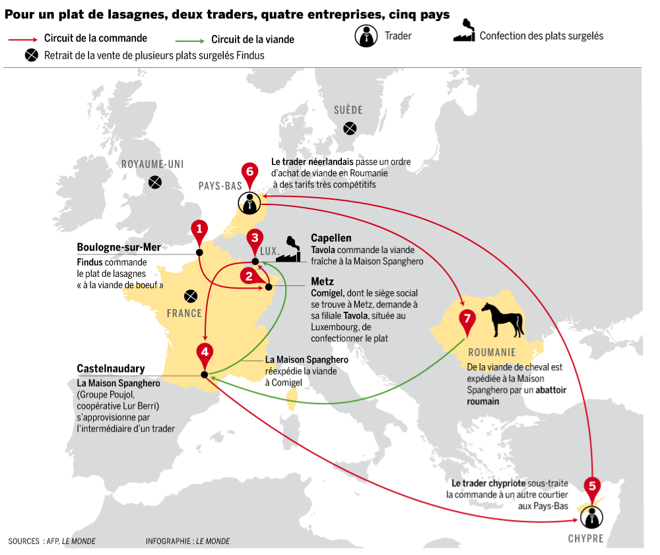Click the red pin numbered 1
click(199, 229)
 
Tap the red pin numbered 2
click(249, 276)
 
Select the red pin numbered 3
click(255, 239)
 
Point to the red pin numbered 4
click(205, 352)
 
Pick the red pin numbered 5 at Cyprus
click(592, 486)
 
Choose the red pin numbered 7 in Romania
click(467, 318)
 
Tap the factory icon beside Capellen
click(288, 250)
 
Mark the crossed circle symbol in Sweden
click(349, 129)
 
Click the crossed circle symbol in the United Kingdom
click(155, 182)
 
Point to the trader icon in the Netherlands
click(249, 204)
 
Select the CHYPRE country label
click(585, 539)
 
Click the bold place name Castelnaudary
click(111, 368)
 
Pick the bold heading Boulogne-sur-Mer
click(119, 247)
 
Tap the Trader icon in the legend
click(366, 36)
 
